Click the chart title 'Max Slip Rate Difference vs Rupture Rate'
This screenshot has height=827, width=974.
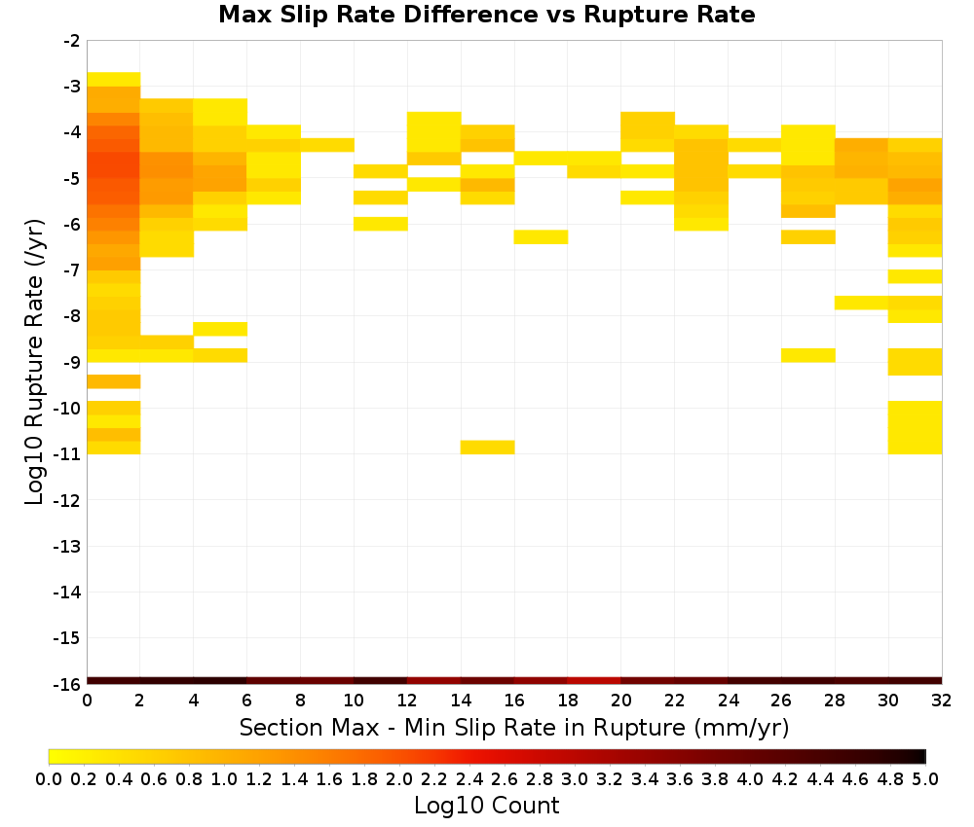click(x=486, y=15)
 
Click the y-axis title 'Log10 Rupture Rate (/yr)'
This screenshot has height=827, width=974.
click(x=34, y=362)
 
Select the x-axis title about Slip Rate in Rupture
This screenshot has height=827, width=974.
click(x=513, y=727)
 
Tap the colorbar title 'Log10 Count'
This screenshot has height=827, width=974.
click(x=486, y=806)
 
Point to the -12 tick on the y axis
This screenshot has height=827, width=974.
click(x=68, y=500)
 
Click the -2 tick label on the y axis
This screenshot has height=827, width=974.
click(x=72, y=41)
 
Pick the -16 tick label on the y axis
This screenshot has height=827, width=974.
click(x=68, y=684)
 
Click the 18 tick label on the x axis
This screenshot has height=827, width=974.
click(x=568, y=701)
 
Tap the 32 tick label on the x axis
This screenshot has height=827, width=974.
click(x=942, y=701)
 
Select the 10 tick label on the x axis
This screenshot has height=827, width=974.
click(x=355, y=701)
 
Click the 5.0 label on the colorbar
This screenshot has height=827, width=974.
click(x=925, y=779)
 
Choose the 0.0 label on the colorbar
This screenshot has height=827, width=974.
click(x=49, y=779)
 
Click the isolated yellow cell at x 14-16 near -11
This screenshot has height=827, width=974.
click(x=488, y=447)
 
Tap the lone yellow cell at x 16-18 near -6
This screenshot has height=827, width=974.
click(x=541, y=237)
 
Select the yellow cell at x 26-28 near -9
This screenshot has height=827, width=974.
click(x=808, y=355)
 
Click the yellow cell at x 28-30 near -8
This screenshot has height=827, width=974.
click(x=862, y=303)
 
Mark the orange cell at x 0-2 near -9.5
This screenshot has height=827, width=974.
click(x=114, y=381)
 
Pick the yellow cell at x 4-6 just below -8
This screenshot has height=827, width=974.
click(x=220, y=329)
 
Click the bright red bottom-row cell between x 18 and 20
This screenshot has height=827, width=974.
click(x=594, y=681)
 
